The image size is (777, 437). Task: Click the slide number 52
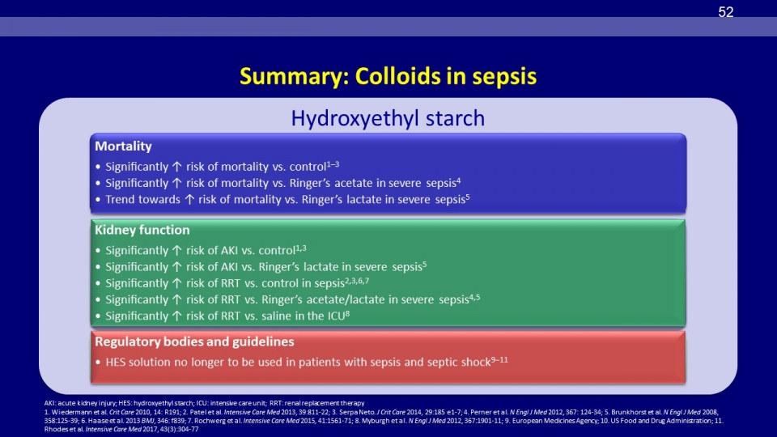[725, 12]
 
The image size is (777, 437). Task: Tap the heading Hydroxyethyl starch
[388, 118]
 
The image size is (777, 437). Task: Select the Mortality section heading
[123, 146]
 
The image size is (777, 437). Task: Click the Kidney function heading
[142, 230]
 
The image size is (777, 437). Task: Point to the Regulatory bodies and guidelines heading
[194, 342]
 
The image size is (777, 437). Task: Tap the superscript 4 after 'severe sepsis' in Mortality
[458, 180]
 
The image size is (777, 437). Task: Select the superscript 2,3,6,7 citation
[357, 281]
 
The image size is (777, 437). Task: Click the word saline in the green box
[276, 316]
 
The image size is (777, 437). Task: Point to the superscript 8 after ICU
[347, 314]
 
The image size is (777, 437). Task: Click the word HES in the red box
[116, 363]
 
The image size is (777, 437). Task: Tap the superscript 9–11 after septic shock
[499, 359]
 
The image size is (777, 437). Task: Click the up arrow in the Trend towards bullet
[189, 200]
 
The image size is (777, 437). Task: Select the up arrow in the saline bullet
[177, 316]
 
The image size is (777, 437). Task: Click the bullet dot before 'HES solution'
[98, 363]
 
